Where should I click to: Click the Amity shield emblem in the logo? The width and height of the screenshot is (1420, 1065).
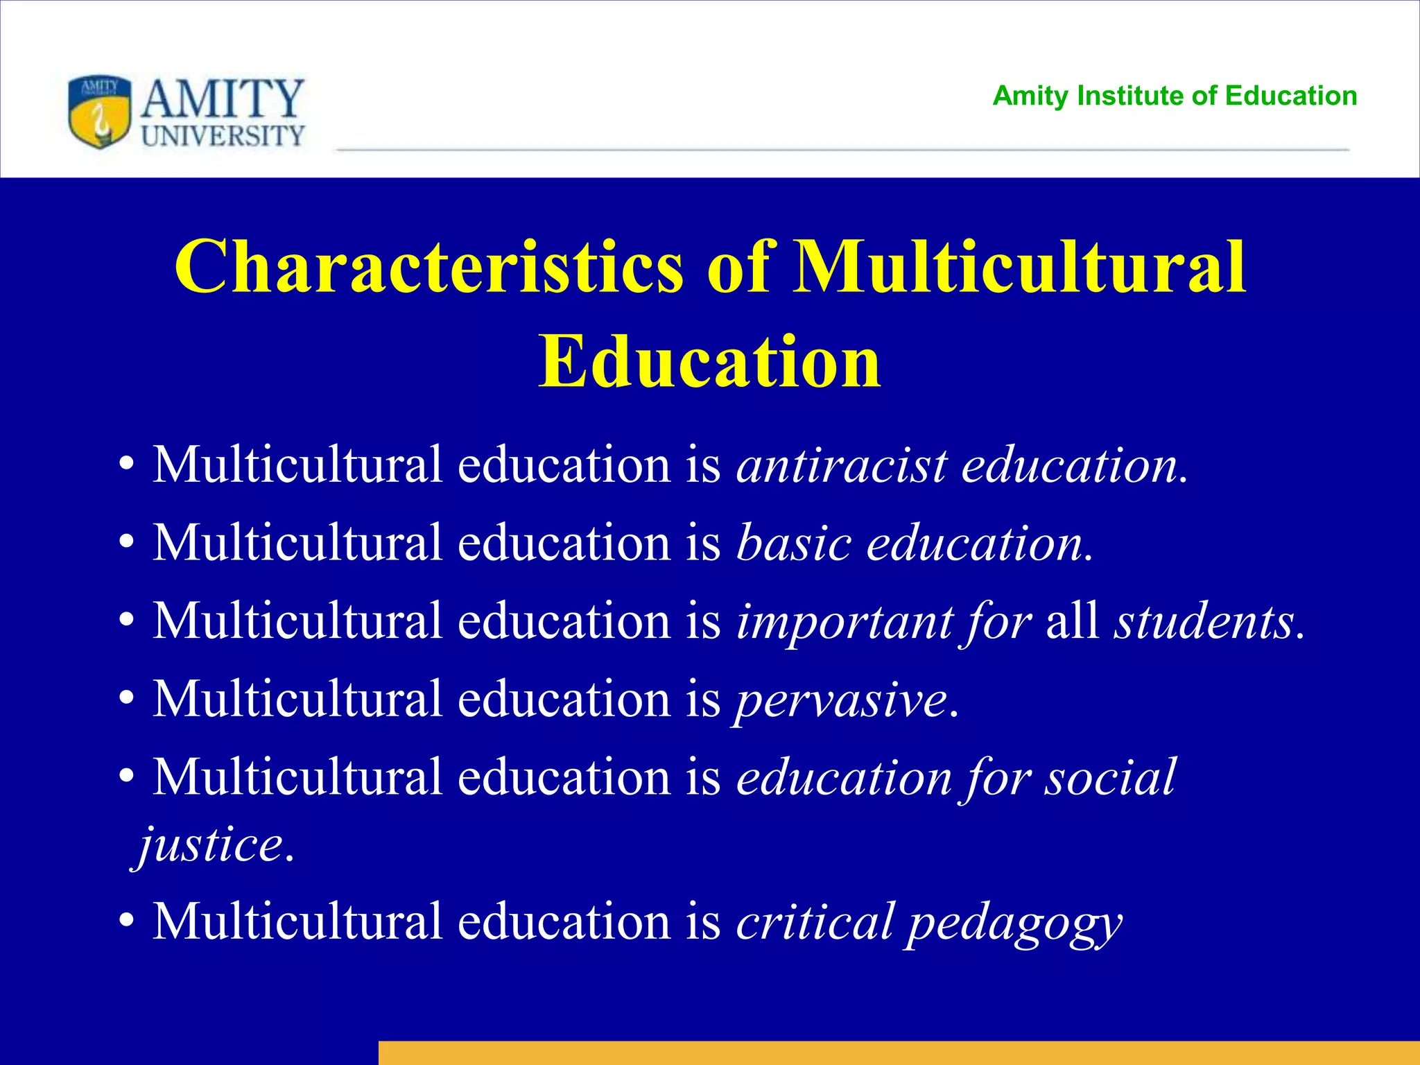(99, 112)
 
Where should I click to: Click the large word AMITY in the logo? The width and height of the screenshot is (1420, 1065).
(223, 98)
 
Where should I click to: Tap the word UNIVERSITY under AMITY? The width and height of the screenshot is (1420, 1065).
(223, 135)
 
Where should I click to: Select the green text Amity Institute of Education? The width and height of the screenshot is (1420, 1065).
(1175, 96)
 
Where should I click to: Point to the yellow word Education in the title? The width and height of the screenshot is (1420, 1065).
(710, 362)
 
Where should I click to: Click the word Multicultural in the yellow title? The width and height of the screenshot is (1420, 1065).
(1019, 268)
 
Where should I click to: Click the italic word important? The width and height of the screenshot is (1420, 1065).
(845, 621)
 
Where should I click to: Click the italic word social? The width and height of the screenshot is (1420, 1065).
(1110, 777)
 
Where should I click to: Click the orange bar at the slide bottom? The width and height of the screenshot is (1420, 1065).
(899, 1052)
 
